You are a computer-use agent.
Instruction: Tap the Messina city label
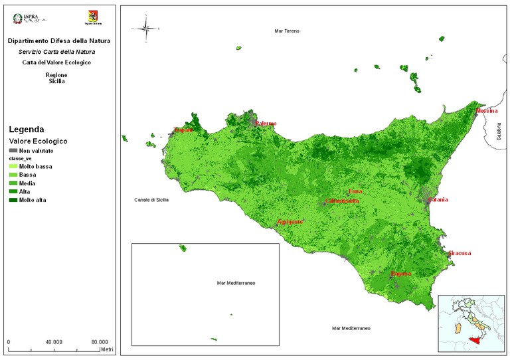tap(487, 111)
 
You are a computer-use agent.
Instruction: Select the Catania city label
tap(438, 200)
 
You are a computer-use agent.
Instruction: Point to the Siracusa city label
tap(460, 253)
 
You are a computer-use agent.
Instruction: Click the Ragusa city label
tap(401, 274)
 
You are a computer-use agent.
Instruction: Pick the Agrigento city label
tap(290, 221)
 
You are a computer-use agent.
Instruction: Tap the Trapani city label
tap(183, 130)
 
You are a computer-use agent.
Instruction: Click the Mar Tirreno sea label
tap(287, 31)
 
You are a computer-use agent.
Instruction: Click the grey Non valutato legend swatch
tap(13, 151)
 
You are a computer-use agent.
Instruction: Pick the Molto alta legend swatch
tap(13, 200)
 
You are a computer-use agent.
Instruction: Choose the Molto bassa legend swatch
tap(13, 166)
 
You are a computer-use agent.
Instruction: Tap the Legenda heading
tap(26, 130)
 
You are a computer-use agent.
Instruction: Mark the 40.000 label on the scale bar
tap(54, 341)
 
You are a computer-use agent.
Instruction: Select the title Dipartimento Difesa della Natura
tap(59, 41)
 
